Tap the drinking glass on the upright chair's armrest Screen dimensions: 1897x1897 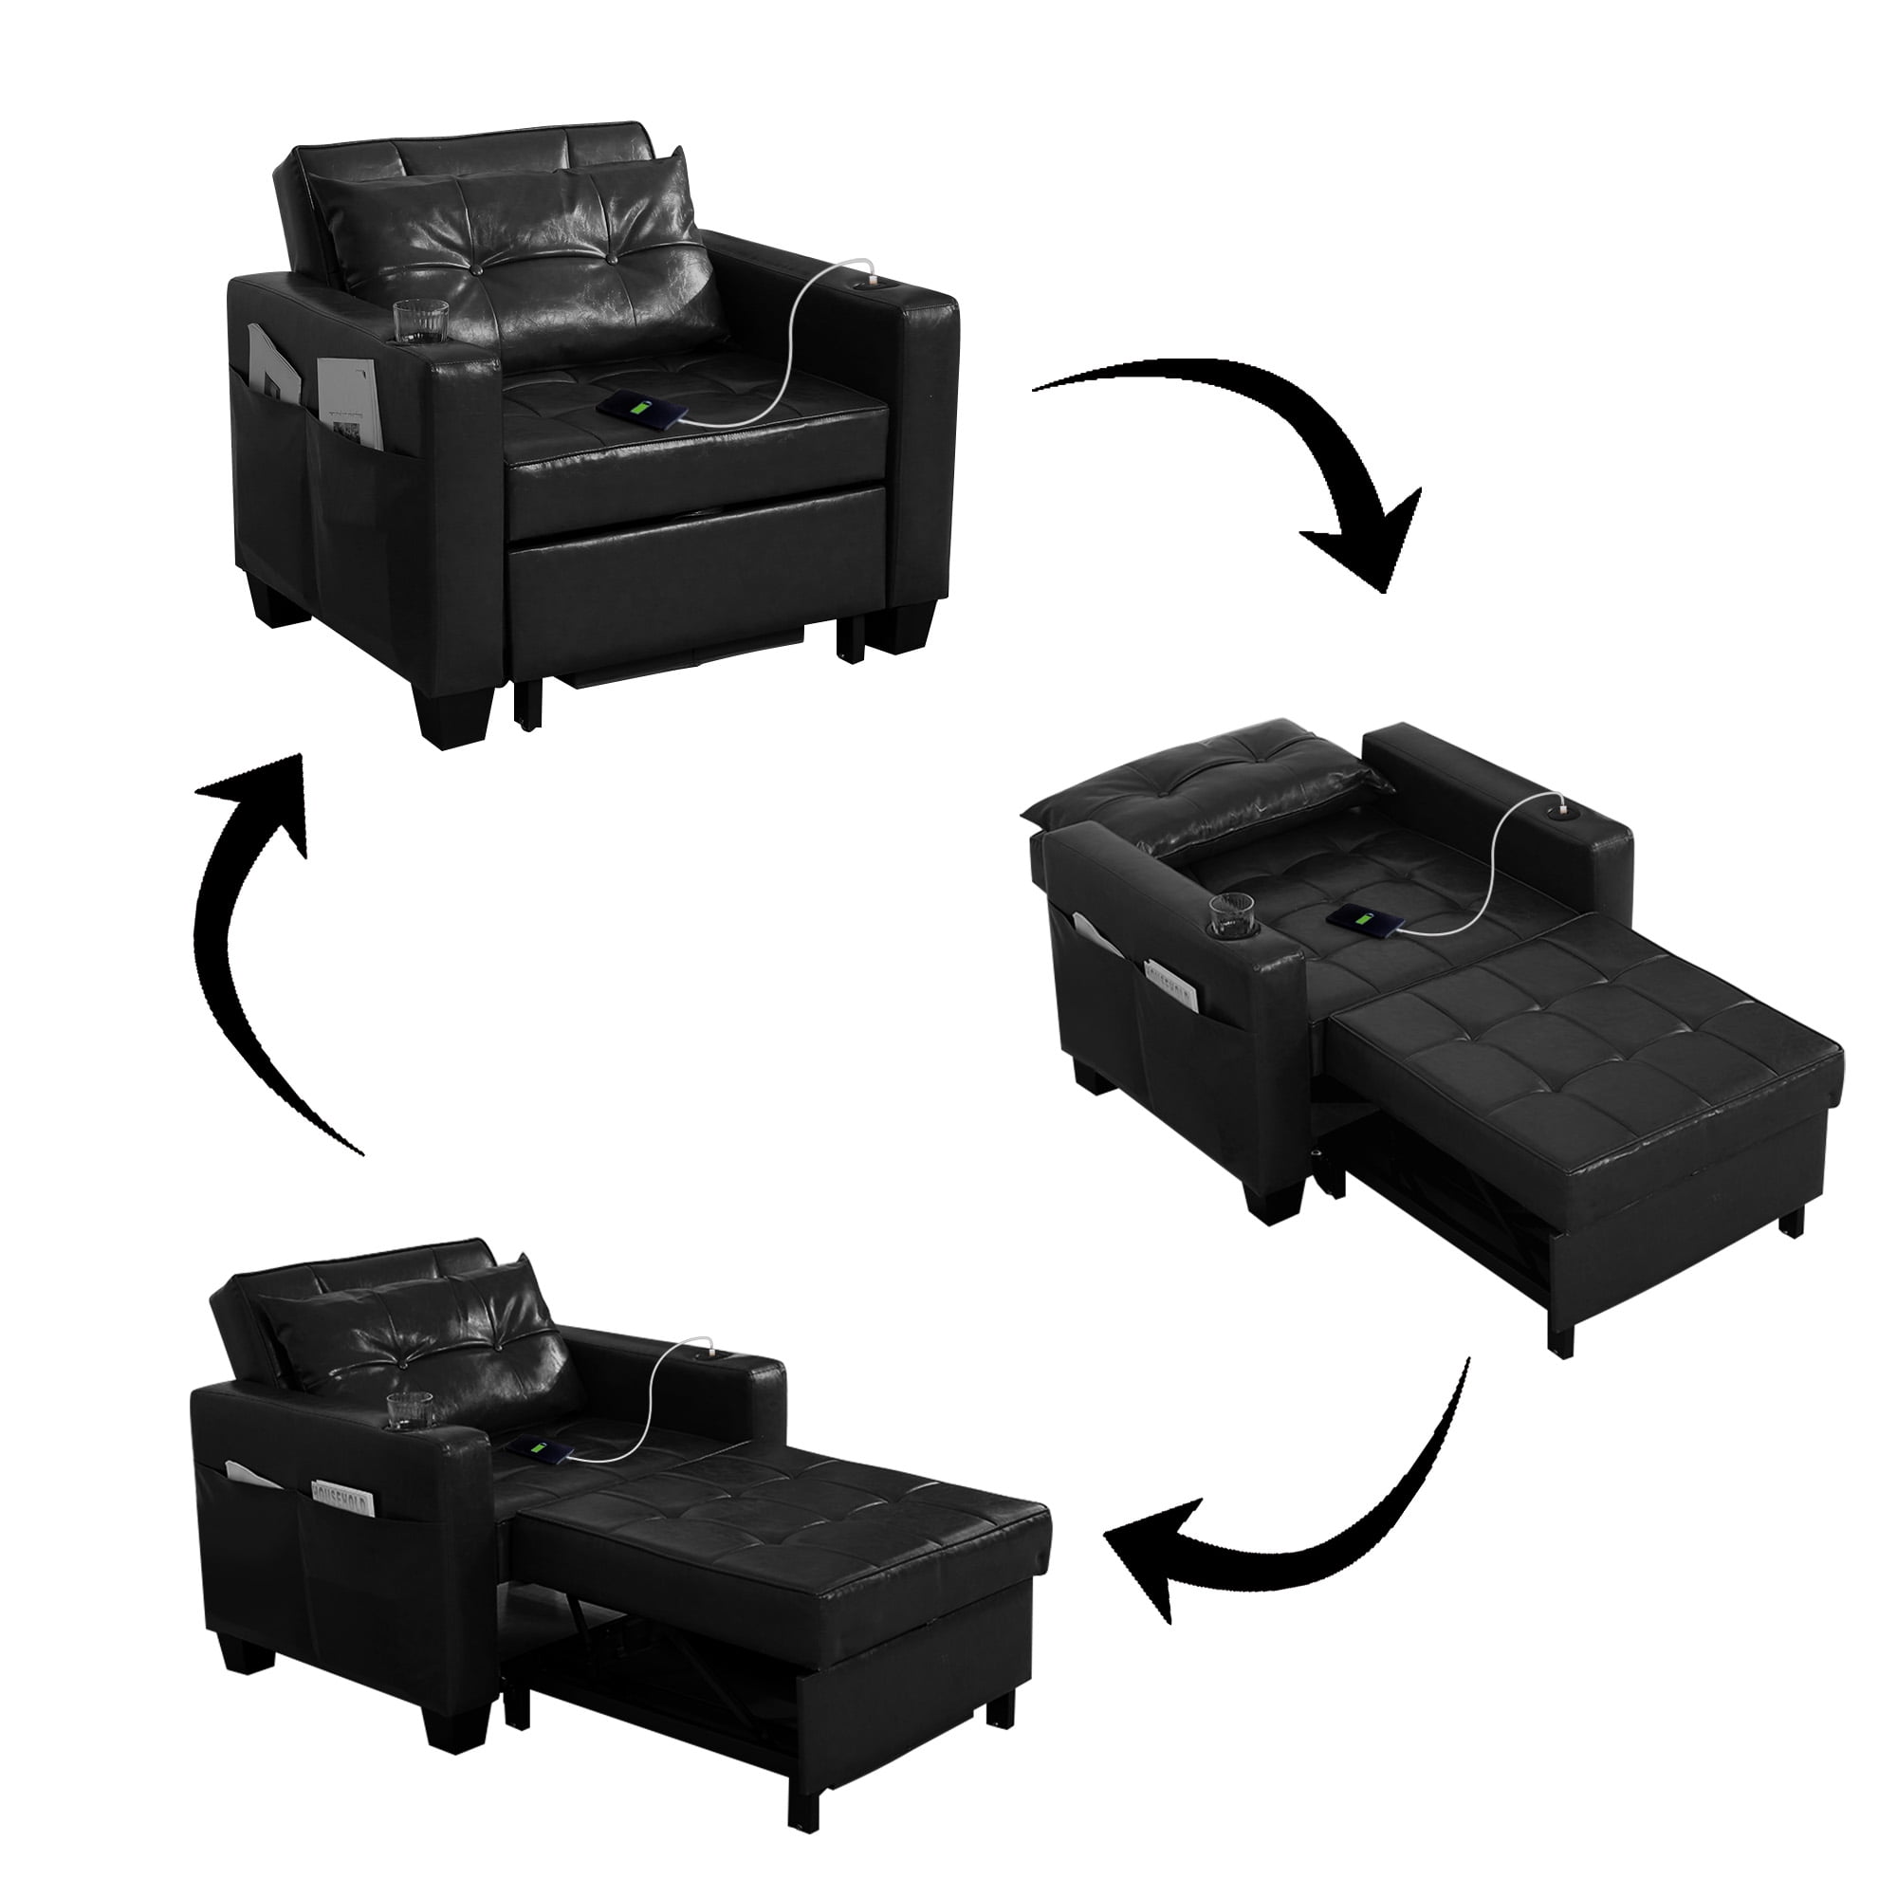point(421,323)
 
